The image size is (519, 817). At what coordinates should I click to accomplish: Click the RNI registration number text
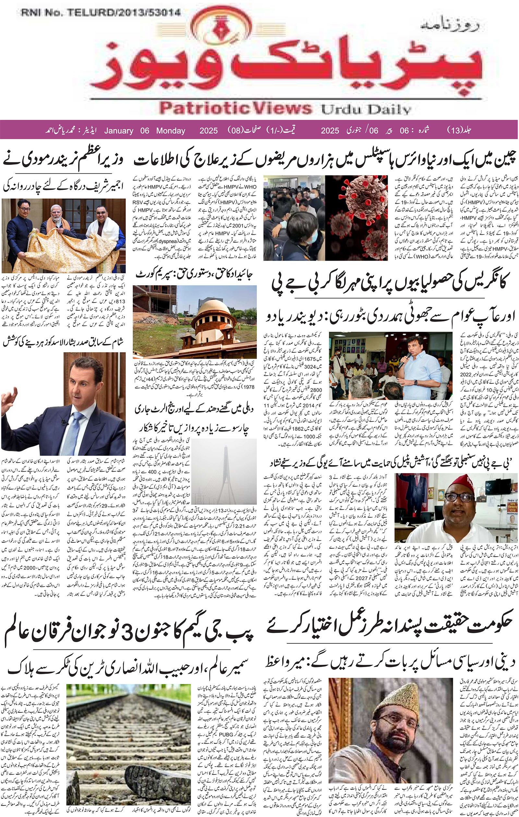point(100,13)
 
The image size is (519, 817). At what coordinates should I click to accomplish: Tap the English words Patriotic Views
point(235,108)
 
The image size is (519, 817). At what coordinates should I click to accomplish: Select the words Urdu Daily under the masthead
point(366,109)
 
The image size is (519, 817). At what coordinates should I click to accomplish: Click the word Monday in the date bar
point(171,130)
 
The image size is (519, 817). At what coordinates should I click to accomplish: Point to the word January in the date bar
point(119,130)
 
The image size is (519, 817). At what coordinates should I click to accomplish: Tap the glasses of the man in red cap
point(460,498)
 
